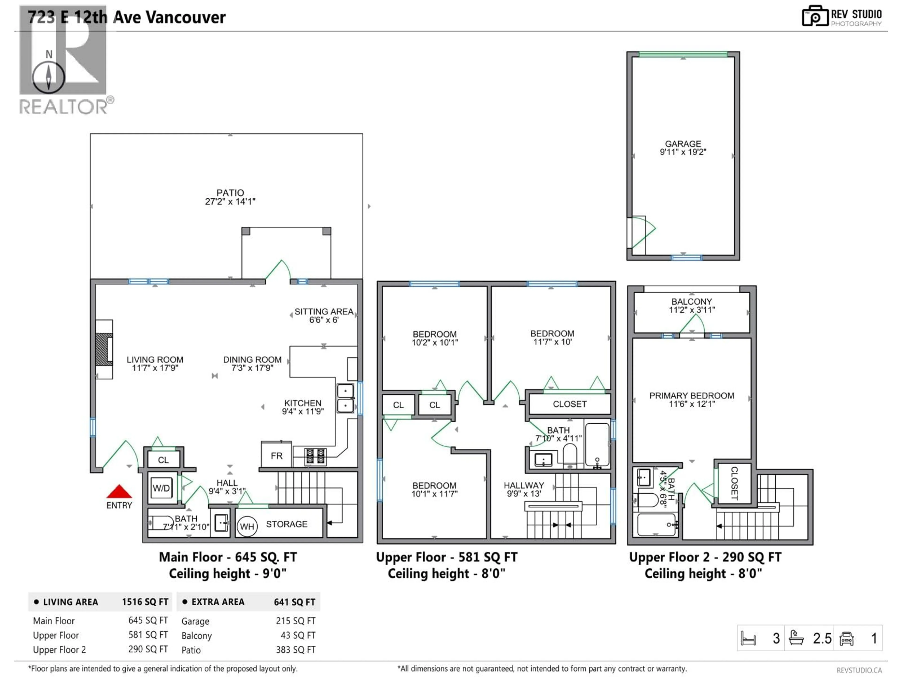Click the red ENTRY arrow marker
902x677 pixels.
[x=119, y=492]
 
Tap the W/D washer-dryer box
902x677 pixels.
[x=161, y=488]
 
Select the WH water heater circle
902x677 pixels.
[x=247, y=526]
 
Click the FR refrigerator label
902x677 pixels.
[x=276, y=456]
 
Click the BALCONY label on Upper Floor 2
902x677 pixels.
[x=692, y=302]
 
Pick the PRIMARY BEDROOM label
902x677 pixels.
[x=692, y=395]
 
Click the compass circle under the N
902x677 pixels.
[x=49, y=77]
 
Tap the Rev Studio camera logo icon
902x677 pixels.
[x=815, y=16]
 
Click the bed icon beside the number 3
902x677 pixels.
[x=748, y=638]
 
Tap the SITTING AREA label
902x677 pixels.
[x=324, y=311]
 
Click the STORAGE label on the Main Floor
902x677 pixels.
[x=287, y=524]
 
